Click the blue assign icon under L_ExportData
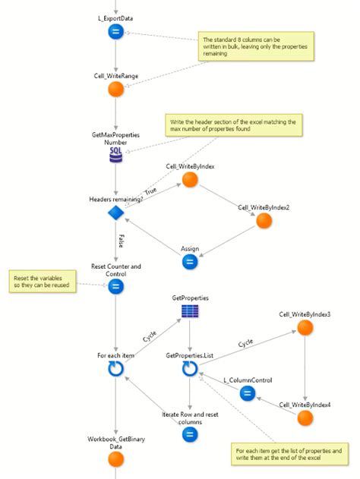point(115,31)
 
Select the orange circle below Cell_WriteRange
point(115,89)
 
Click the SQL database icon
point(115,156)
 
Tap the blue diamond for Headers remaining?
point(115,213)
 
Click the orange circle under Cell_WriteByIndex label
point(190,179)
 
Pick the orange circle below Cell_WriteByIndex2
point(264,220)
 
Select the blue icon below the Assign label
point(190,262)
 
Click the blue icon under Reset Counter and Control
point(115,286)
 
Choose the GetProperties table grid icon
point(190,312)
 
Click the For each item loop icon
point(115,368)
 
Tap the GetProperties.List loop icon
point(190,368)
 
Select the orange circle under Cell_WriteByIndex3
point(305,327)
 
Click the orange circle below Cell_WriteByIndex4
point(305,418)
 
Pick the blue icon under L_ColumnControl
point(247,392)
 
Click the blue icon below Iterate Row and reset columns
point(190,434)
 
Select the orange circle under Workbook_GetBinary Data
point(115,459)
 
